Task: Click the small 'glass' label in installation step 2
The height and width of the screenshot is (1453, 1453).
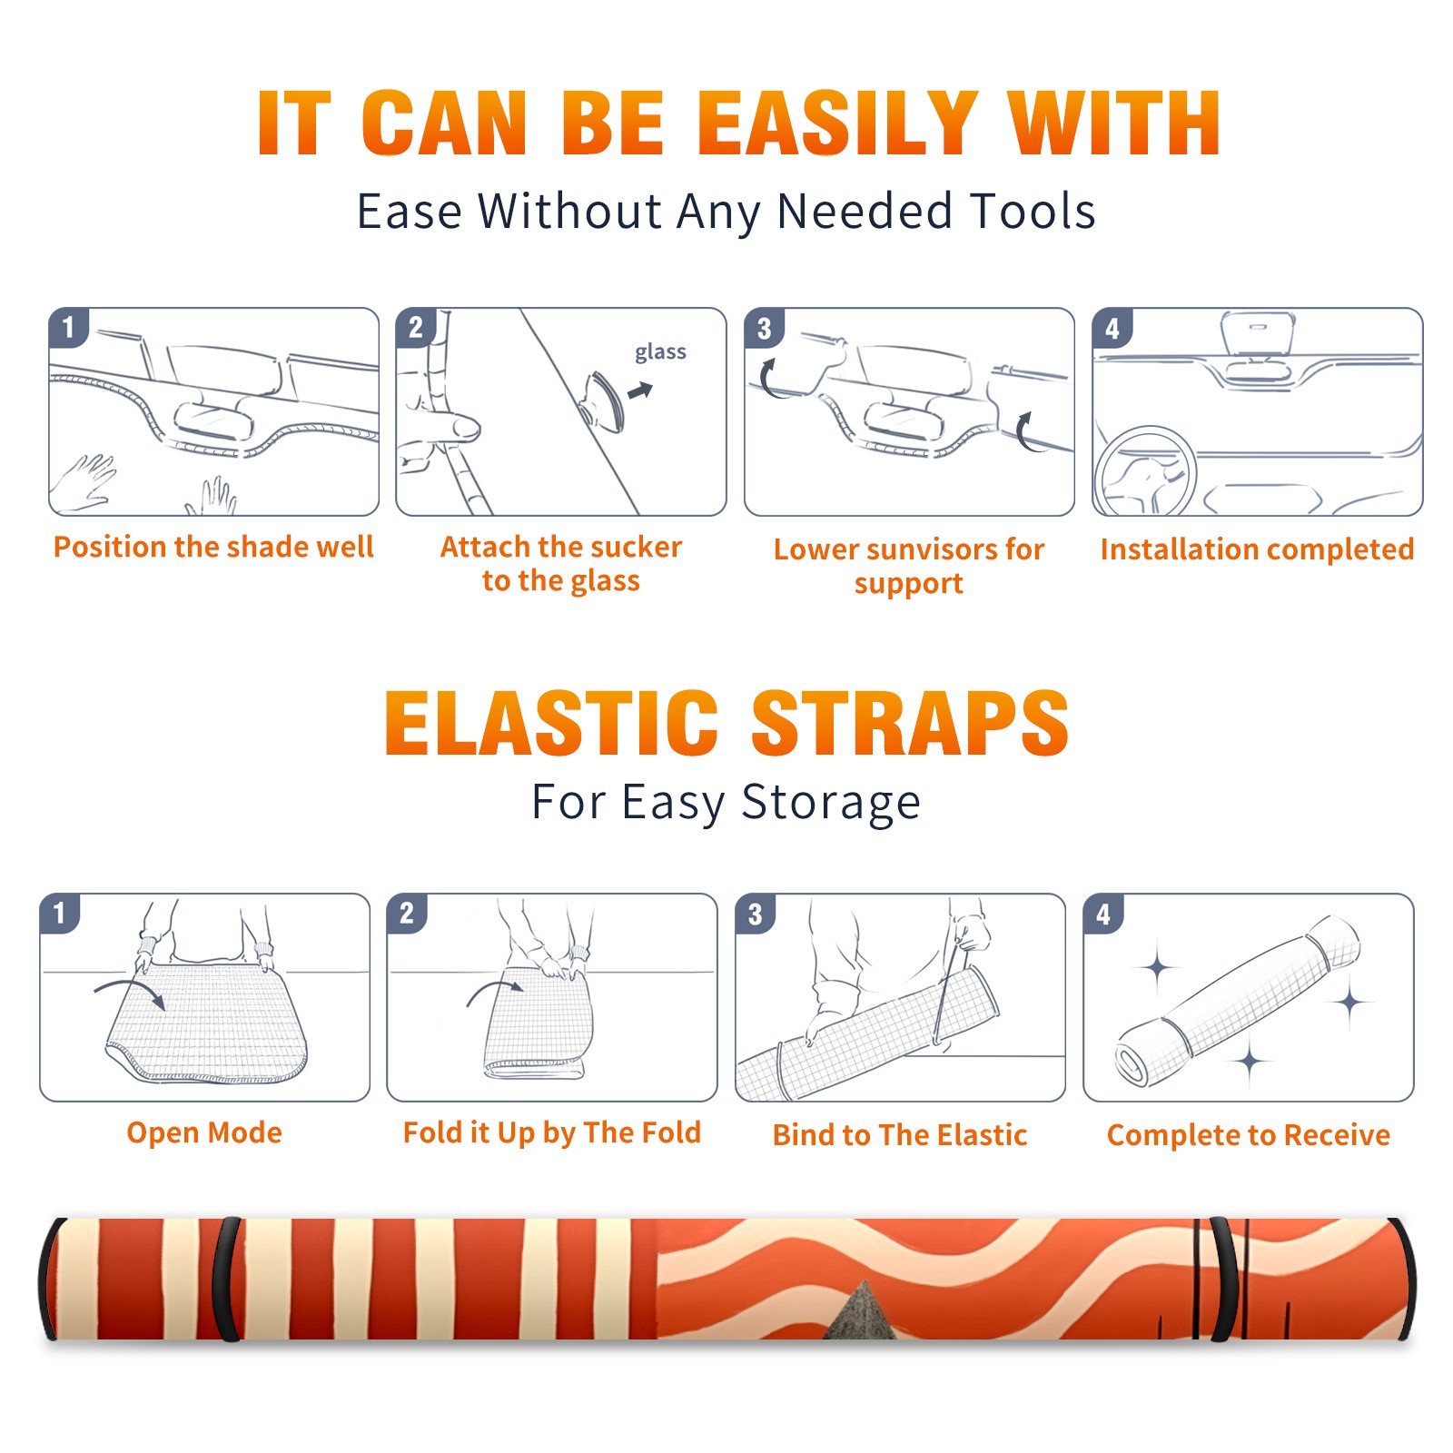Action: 660,351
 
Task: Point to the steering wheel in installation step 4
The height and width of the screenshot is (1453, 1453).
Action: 1146,472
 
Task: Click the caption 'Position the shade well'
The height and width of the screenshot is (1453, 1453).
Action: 213,547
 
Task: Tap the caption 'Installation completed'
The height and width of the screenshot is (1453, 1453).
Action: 1257,549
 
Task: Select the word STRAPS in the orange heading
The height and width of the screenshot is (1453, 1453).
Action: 910,723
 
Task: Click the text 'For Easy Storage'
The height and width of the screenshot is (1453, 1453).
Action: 726,803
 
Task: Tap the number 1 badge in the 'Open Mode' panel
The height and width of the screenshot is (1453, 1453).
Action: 60,913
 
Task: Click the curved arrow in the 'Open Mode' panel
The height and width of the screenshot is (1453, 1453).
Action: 131,991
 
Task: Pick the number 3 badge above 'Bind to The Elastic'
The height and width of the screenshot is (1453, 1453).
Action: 756,914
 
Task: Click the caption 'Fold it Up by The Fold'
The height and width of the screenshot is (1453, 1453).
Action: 552,1133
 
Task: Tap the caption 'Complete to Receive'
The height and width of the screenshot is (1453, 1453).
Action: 1249,1135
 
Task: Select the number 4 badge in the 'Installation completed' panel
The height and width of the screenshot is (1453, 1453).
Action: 1112,328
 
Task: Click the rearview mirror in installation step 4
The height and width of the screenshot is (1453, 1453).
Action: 1258,334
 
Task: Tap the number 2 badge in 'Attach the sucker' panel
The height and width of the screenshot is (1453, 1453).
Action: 416,328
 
